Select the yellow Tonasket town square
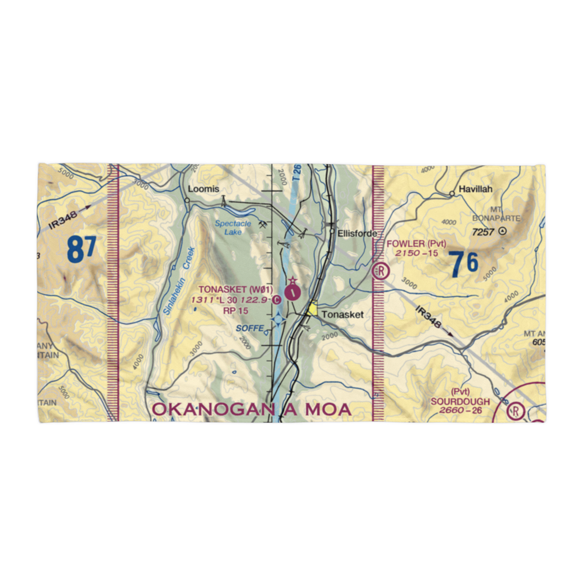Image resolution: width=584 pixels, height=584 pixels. (314, 309)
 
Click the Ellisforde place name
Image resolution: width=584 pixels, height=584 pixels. (352, 232)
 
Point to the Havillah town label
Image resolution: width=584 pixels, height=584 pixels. (475, 189)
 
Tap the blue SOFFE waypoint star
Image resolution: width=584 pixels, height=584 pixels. (279, 319)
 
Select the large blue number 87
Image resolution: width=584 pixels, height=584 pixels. (81, 249)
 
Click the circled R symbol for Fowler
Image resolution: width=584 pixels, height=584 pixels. (381, 270)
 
